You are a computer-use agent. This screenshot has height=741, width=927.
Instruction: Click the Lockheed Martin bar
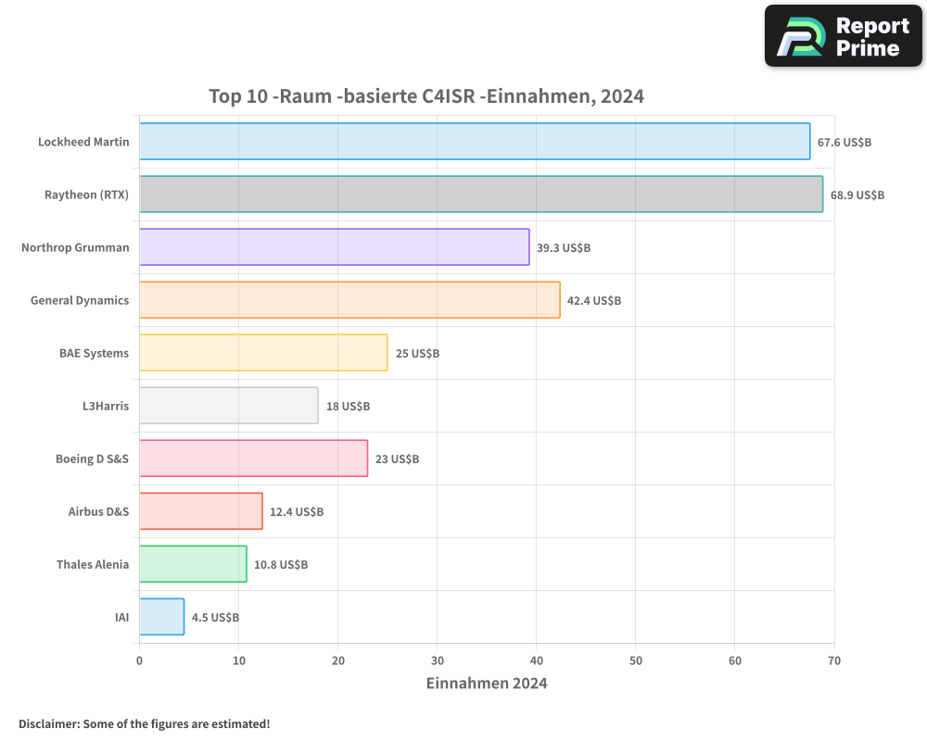pyautogui.click(x=475, y=142)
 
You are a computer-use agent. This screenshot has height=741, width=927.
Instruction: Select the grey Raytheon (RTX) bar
pyautogui.click(x=481, y=195)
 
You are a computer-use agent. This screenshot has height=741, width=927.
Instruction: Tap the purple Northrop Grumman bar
pyautogui.click(x=334, y=247)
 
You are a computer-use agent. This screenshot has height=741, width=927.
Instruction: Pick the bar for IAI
pyautogui.click(x=161, y=617)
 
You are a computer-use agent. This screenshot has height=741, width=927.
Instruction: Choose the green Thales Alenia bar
pyautogui.click(x=193, y=564)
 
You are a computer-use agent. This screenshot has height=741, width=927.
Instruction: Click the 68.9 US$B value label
pyautogui.click(x=857, y=195)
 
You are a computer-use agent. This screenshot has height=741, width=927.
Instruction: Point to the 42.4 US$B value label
pyautogui.click(x=594, y=301)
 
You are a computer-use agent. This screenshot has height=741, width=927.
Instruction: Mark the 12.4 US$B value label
pyautogui.click(x=297, y=512)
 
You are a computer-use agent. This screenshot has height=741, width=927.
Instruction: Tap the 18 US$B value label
pyautogui.click(x=348, y=407)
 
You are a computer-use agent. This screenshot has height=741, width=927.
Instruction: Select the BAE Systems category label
pyautogui.click(x=94, y=353)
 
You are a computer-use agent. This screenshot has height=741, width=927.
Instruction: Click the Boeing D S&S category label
pyautogui.click(x=92, y=458)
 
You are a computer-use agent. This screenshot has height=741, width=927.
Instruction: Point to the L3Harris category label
pyautogui.click(x=106, y=406)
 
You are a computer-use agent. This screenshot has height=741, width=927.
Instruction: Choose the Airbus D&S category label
pyautogui.click(x=98, y=511)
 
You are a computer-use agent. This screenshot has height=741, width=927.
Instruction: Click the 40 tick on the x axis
pyautogui.click(x=537, y=661)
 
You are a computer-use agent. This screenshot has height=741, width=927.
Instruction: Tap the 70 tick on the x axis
pyautogui.click(x=834, y=661)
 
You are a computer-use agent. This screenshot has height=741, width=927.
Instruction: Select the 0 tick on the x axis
pyautogui.click(x=139, y=661)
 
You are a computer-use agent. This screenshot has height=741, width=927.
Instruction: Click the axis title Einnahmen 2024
pyautogui.click(x=487, y=684)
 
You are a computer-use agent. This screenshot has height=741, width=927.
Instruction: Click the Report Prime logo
pyautogui.click(x=844, y=36)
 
